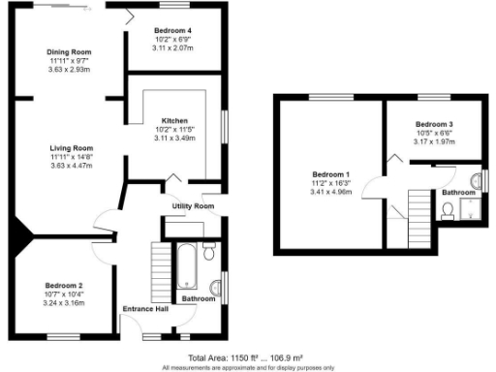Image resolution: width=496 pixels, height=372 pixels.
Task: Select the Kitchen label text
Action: (x=175, y=120)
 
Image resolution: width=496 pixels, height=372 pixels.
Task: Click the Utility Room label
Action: (x=193, y=206)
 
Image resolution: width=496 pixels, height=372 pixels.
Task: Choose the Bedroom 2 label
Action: (x=65, y=285)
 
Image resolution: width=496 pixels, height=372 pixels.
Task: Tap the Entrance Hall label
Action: (x=144, y=309)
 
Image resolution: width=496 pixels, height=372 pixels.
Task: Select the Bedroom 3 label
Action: (x=434, y=125)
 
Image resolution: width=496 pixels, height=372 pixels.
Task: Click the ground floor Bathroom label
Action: (x=200, y=298)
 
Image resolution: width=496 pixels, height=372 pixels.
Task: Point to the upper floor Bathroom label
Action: (x=459, y=193)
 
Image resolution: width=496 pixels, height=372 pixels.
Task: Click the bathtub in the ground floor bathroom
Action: (x=185, y=267)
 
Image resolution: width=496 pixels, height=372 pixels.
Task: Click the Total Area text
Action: (x=247, y=356)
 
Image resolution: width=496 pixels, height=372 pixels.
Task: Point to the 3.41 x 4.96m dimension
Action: (x=330, y=193)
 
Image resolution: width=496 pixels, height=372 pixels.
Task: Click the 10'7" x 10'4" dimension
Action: (x=65, y=294)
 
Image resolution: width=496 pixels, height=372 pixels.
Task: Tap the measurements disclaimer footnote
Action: (x=247, y=367)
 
